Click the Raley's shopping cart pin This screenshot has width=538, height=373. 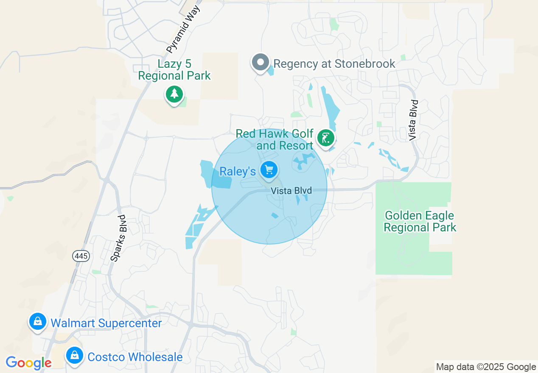(x=269, y=170)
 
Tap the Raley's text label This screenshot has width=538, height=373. (x=238, y=171)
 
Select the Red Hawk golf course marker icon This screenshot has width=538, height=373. (x=325, y=138)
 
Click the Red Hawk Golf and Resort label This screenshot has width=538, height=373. (x=275, y=140)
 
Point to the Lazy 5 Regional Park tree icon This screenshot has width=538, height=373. (x=174, y=94)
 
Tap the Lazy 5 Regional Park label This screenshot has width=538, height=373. (x=174, y=70)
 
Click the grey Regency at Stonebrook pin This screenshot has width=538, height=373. (x=261, y=63)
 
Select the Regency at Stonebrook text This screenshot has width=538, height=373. (x=334, y=64)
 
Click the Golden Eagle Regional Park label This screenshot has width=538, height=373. (x=420, y=222)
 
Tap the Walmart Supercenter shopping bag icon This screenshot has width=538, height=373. (x=38, y=322)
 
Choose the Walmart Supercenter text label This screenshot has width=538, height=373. (x=106, y=323)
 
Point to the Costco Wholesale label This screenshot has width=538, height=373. (x=135, y=357)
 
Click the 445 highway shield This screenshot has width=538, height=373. (x=81, y=256)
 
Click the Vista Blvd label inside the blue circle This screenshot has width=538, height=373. (x=291, y=191)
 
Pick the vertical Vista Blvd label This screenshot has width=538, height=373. (x=414, y=120)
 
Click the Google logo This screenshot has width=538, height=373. (x=28, y=363)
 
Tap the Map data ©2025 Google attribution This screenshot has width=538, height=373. (x=486, y=367)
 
